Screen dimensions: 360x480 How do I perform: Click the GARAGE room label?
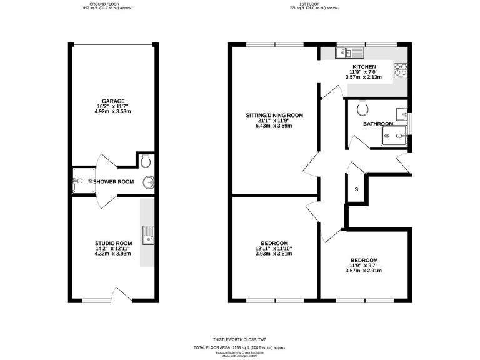114,101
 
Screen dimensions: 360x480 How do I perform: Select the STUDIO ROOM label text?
114,243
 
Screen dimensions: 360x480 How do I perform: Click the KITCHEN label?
364,66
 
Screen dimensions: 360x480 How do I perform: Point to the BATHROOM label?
378,124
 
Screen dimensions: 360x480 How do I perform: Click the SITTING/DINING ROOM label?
274,115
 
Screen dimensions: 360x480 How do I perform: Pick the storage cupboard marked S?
356,189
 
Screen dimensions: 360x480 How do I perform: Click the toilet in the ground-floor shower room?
146,161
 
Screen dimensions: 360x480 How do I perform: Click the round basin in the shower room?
149,182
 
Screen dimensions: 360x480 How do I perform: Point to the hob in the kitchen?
401,69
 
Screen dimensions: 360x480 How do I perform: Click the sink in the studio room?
147,235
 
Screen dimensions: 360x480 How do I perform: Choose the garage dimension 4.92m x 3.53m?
114,111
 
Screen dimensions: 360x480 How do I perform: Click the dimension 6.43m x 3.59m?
274,126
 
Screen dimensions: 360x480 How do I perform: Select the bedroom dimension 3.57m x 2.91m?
364,271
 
